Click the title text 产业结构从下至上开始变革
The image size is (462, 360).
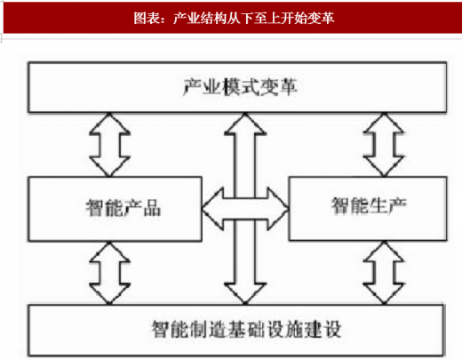pos(254,18)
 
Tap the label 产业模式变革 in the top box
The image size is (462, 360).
pos(240,87)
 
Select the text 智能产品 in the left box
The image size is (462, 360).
pos(123,208)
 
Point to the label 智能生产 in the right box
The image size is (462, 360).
pos(369,205)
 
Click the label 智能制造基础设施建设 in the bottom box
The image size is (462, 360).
pos(247,329)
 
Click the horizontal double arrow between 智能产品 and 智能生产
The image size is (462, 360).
pos(245,209)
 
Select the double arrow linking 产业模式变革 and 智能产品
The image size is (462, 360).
pos(109,145)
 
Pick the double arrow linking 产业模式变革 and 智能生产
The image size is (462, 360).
pos(384,145)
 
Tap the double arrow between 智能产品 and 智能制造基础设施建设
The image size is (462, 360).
pos(109,273)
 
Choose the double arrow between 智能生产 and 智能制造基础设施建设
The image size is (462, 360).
pos(384,273)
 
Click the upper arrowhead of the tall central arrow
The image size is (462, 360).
pos(245,124)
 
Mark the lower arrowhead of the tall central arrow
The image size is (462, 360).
pos(245,293)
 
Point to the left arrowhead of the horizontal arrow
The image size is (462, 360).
pos(212,209)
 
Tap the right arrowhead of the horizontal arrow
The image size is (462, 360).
pos(278,209)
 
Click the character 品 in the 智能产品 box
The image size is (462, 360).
pos(152,208)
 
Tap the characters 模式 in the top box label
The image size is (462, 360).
pos(240,87)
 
